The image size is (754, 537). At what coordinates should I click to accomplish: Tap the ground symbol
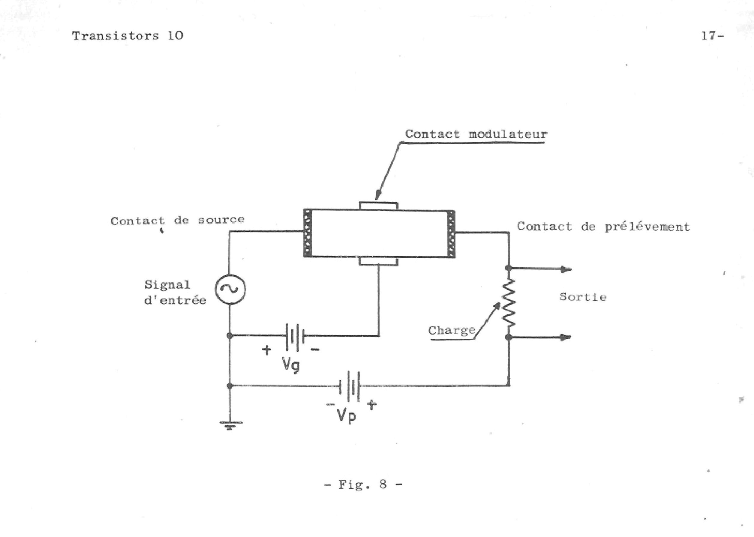click(230, 425)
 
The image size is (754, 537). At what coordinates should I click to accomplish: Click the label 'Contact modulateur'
click(476, 134)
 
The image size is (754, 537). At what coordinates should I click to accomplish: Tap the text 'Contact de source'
click(178, 220)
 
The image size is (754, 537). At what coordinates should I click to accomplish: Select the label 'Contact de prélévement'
click(604, 227)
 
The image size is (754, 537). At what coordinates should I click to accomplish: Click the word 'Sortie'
click(583, 297)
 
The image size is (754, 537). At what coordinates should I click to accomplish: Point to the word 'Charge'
click(452, 331)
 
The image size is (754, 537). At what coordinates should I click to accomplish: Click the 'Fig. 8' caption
click(364, 485)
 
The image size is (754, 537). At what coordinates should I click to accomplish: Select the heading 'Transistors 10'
click(128, 36)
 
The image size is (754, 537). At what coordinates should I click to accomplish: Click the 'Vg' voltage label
click(291, 365)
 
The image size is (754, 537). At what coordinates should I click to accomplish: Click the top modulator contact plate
click(379, 206)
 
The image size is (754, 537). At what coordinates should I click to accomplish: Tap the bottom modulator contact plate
click(379, 261)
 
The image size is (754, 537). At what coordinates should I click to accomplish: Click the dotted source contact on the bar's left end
click(308, 233)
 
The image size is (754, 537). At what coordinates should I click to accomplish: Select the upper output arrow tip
click(571, 269)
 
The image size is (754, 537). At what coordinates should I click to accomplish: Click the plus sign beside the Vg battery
click(266, 349)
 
